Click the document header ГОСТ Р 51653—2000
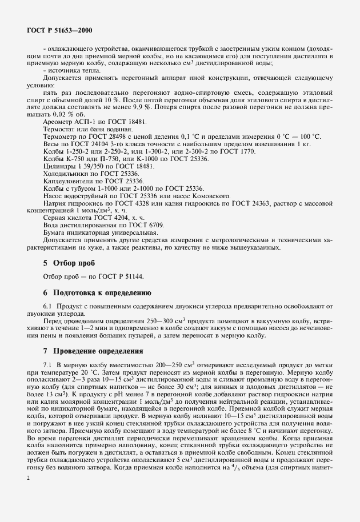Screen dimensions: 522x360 click(x=60, y=29)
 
